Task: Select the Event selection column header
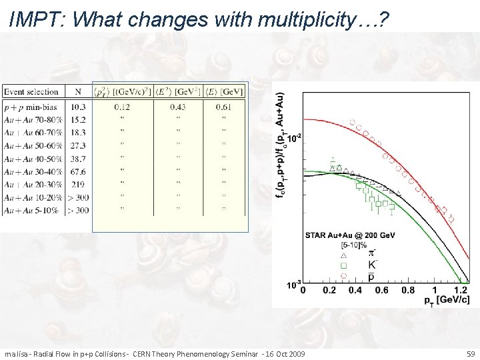(31, 91)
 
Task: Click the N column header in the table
(78, 91)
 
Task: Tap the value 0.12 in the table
(122, 107)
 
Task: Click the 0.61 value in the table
(223, 107)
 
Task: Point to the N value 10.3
(78, 107)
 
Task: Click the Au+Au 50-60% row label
(31, 145)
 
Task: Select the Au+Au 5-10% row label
(31, 210)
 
